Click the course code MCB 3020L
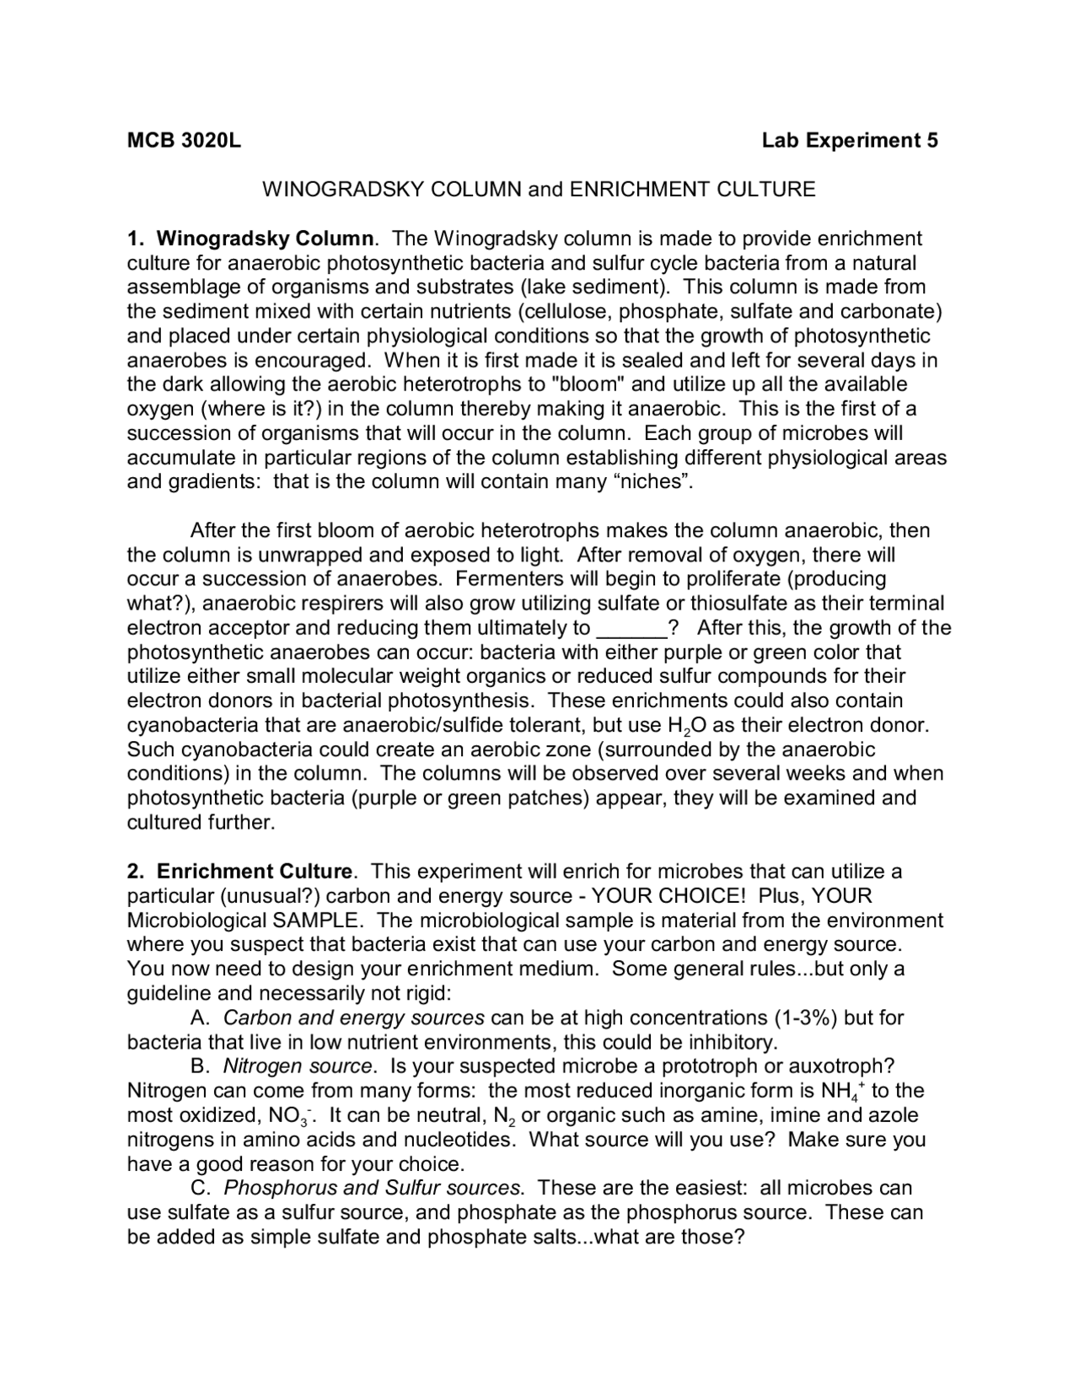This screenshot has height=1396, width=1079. [x=184, y=140]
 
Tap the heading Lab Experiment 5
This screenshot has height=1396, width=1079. [x=850, y=140]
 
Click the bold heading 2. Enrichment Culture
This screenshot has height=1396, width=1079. [x=240, y=871]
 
